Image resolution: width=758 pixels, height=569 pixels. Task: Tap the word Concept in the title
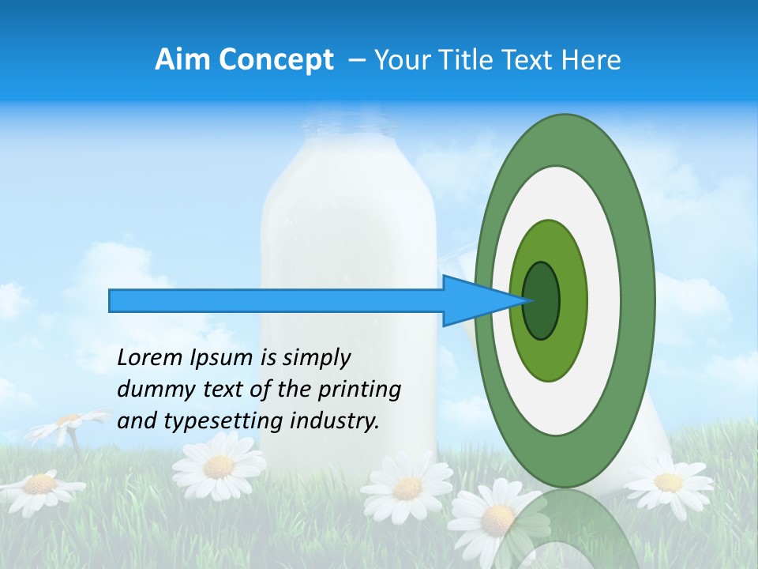276,60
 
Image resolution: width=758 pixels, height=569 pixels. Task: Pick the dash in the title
356,60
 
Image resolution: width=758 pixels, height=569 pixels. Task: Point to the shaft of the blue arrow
276,301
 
